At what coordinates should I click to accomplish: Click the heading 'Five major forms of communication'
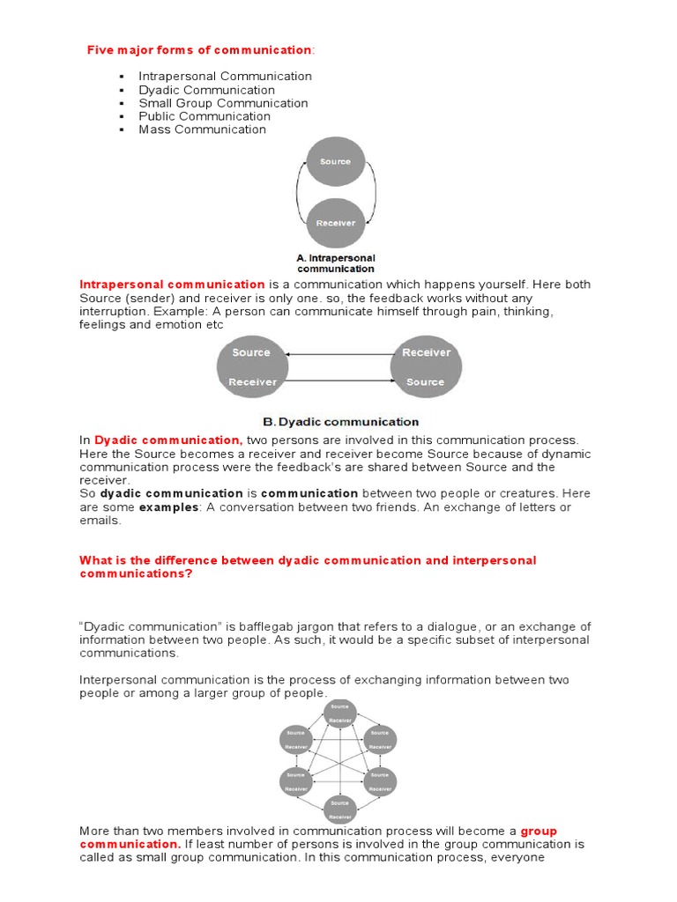coord(198,50)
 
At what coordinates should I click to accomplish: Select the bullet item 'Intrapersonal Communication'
coord(225,77)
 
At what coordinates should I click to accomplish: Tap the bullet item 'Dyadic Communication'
coord(206,90)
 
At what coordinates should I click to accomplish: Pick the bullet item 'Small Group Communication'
coord(223,103)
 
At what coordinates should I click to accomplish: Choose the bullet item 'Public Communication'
coord(204,116)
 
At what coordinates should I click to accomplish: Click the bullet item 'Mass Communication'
coord(202,129)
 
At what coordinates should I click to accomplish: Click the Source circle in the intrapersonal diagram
coord(335,162)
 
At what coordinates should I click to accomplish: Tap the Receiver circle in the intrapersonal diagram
coord(335,222)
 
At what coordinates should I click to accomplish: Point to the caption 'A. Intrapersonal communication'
coord(335,263)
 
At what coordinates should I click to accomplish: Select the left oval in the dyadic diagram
coord(252,367)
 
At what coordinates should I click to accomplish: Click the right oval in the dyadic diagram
coord(426,367)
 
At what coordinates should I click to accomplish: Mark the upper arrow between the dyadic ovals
coord(338,354)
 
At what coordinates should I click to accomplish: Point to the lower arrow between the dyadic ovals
coord(338,381)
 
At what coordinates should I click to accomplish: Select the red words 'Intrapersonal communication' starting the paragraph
coord(172,285)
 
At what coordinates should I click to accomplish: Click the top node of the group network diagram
coord(339,713)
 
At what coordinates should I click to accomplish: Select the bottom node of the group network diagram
coord(339,807)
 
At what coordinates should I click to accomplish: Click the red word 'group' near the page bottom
coord(539,831)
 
